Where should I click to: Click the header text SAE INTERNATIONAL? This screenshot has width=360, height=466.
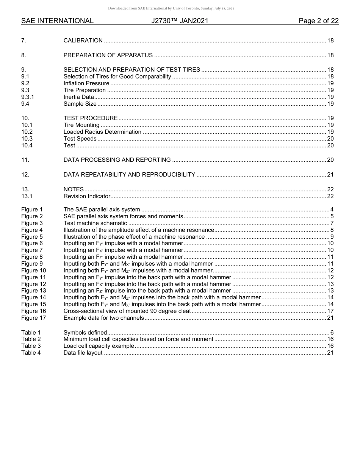click(x=57, y=21)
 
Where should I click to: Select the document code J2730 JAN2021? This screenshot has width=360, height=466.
click(x=180, y=21)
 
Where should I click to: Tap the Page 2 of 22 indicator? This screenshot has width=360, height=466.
click(x=318, y=21)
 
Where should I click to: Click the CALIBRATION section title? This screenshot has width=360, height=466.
click(x=83, y=41)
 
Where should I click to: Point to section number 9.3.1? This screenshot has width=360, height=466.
click(x=28, y=97)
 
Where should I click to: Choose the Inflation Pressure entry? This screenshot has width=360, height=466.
click(x=86, y=83)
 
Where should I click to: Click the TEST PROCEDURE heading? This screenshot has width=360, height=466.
click(x=91, y=118)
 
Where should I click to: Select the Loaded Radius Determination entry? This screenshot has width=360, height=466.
click(x=102, y=132)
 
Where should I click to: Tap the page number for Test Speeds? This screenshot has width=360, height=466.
click(x=330, y=139)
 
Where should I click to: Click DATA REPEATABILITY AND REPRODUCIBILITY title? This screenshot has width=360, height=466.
click(x=129, y=175)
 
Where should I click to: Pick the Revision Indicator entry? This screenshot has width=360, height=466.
click(x=87, y=196)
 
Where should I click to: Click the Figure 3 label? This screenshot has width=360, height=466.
click(x=32, y=223)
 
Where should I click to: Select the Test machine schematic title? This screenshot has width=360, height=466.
click(x=95, y=223)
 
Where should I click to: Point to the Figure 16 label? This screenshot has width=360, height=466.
click(x=33, y=311)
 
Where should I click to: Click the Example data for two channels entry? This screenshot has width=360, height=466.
click(x=103, y=318)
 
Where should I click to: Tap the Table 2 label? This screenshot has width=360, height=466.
click(x=31, y=339)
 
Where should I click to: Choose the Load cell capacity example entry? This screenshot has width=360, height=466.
click(x=99, y=346)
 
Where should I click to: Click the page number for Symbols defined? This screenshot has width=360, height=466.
click(x=332, y=332)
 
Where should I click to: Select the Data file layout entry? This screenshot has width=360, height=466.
click(x=83, y=353)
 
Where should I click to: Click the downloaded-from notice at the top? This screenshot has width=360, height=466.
click(x=171, y=8)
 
